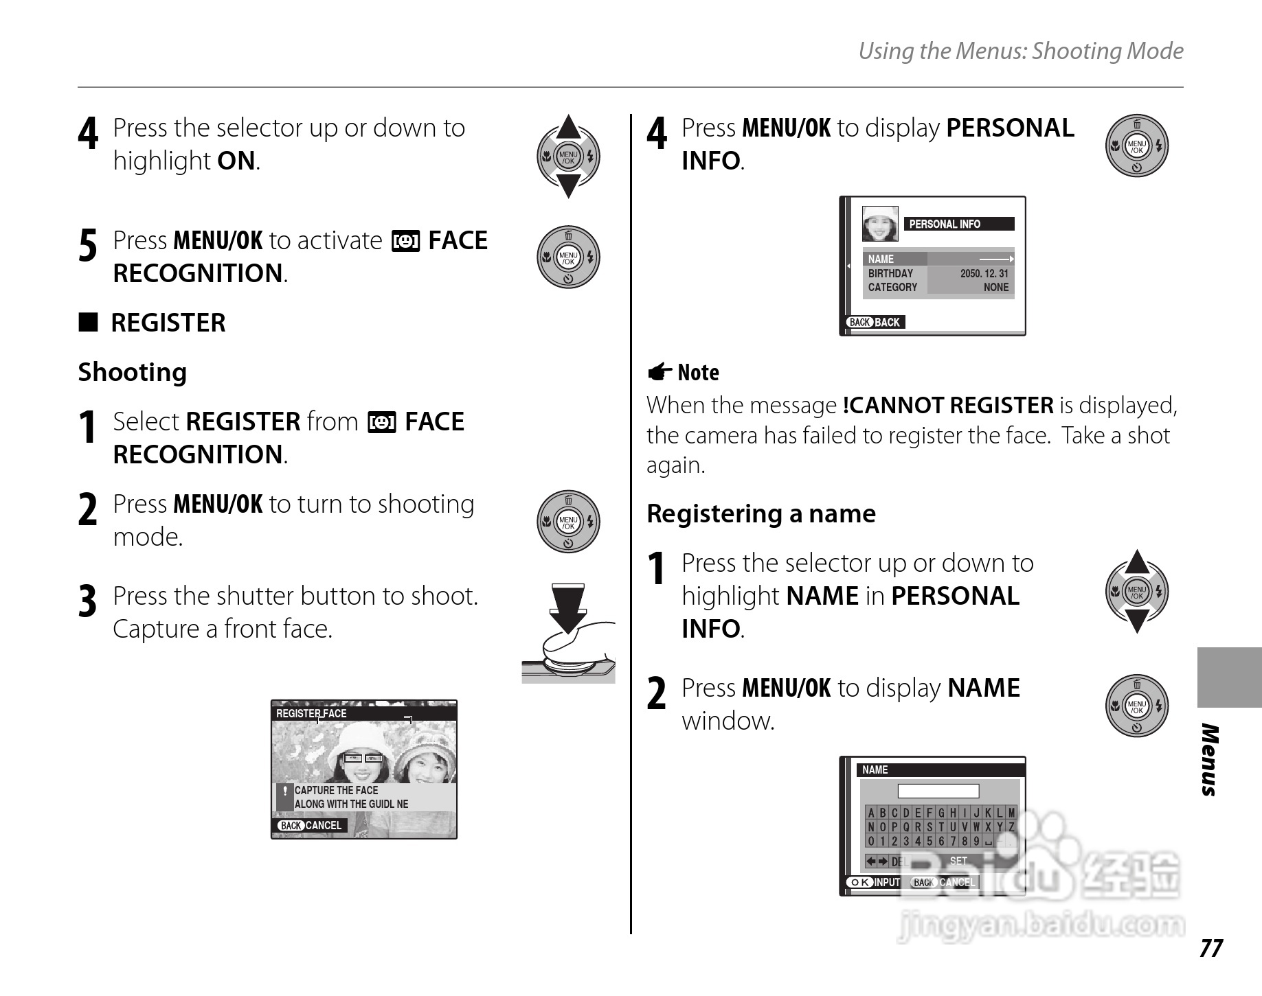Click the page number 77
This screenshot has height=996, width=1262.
click(x=1210, y=948)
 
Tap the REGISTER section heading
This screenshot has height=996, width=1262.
click(x=168, y=323)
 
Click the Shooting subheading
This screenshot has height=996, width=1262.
click(x=133, y=372)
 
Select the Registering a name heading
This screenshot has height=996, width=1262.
click(x=761, y=513)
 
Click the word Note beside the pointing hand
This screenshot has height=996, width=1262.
click(x=698, y=372)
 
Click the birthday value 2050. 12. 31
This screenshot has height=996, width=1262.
click(x=984, y=273)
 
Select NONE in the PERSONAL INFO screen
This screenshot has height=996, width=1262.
click(x=995, y=288)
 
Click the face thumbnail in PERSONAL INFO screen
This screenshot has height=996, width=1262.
click(x=880, y=224)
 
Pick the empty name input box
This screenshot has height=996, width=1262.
click(x=938, y=791)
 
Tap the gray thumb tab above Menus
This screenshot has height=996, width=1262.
click(x=1229, y=677)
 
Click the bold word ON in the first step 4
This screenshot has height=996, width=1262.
click(x=236, y=161)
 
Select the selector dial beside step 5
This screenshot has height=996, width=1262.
click(x=568, y=257)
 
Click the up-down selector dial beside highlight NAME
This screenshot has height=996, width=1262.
click(x=1137, y=591)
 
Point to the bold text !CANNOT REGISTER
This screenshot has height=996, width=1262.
click(x=948, y=405)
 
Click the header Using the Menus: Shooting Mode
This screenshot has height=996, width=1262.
click(x=1021, y=51)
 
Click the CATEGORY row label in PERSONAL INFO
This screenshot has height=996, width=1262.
click(x=892, y=288)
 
